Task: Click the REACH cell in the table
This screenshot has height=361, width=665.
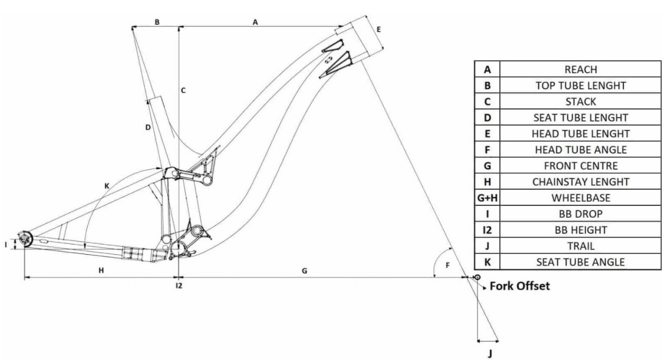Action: click(x=580, y=69)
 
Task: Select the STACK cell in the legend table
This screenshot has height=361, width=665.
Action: click(x=580, y=102)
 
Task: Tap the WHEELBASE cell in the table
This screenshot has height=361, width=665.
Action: click(x=580, y=198)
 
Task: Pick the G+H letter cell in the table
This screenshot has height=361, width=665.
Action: click(x=487, y=198)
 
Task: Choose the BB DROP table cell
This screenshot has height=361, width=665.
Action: click(x=580, y=214)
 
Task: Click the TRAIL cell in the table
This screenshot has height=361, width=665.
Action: click(x=580, y=246)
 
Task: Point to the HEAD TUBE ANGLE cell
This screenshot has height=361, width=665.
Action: click(x=580, y=150)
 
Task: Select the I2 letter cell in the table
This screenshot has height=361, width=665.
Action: click(x=487, y=230)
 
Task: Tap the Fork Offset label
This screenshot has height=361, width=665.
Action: click(x=520, y=286)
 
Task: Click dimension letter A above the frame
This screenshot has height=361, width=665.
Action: click(x=255, y=22)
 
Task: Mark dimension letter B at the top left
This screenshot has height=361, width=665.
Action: click(x=157, y=22)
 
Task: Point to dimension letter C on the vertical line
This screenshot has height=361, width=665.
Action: click(x=183, y=91)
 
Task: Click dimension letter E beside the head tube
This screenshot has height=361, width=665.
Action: click(x=379, y=29)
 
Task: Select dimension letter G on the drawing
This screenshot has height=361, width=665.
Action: click(x=304, y=271)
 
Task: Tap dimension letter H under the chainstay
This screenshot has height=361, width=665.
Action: click(x=101, y=271)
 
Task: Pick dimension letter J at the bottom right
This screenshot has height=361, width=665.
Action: click(x=490, y=353)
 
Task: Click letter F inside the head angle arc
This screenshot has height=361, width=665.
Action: click(x=448, y=266)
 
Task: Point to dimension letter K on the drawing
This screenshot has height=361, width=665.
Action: click(x=107, y=185)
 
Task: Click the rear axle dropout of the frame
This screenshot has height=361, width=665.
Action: click(x=24, y=238)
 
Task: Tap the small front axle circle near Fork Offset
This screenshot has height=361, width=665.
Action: click(x=477, y=277)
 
